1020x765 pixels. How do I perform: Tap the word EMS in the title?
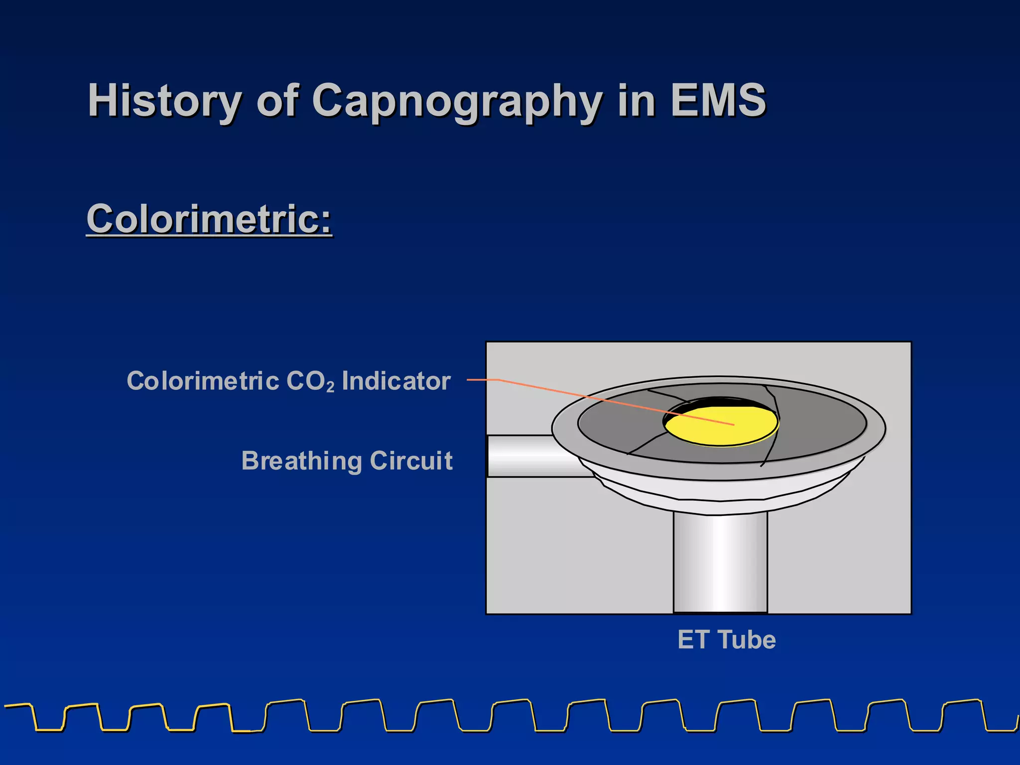(718, 101)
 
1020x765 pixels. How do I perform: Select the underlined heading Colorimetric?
(209, 219)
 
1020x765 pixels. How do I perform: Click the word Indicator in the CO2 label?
(396, 381)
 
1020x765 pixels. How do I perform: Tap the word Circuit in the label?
(411, 461)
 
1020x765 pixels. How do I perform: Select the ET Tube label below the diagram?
(727, 639)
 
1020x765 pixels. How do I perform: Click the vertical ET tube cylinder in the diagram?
(720, 563)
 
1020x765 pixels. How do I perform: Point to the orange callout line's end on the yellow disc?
(733, 424)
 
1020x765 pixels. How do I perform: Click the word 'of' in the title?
(277, 101)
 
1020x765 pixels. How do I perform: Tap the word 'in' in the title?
(636, 101)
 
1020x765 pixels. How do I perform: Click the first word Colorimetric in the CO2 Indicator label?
(203, 381)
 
